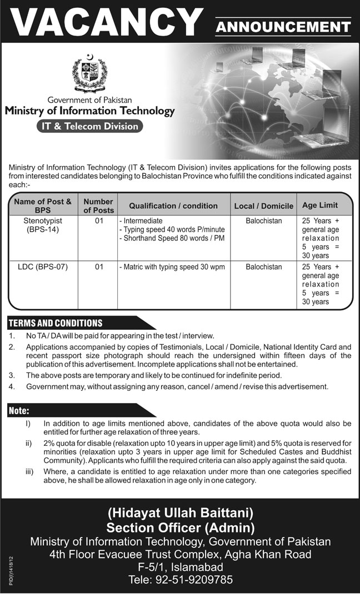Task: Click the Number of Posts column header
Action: pos(99,206)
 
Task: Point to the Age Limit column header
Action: pos(320,205)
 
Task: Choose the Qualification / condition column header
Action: pos(173,206)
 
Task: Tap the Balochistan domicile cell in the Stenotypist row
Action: pos(264,221)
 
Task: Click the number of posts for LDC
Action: pos(99,267)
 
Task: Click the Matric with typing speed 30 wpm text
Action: pos(172,267)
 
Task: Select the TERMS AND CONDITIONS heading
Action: pos(56,323)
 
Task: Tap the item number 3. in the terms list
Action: pos(12,375)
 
